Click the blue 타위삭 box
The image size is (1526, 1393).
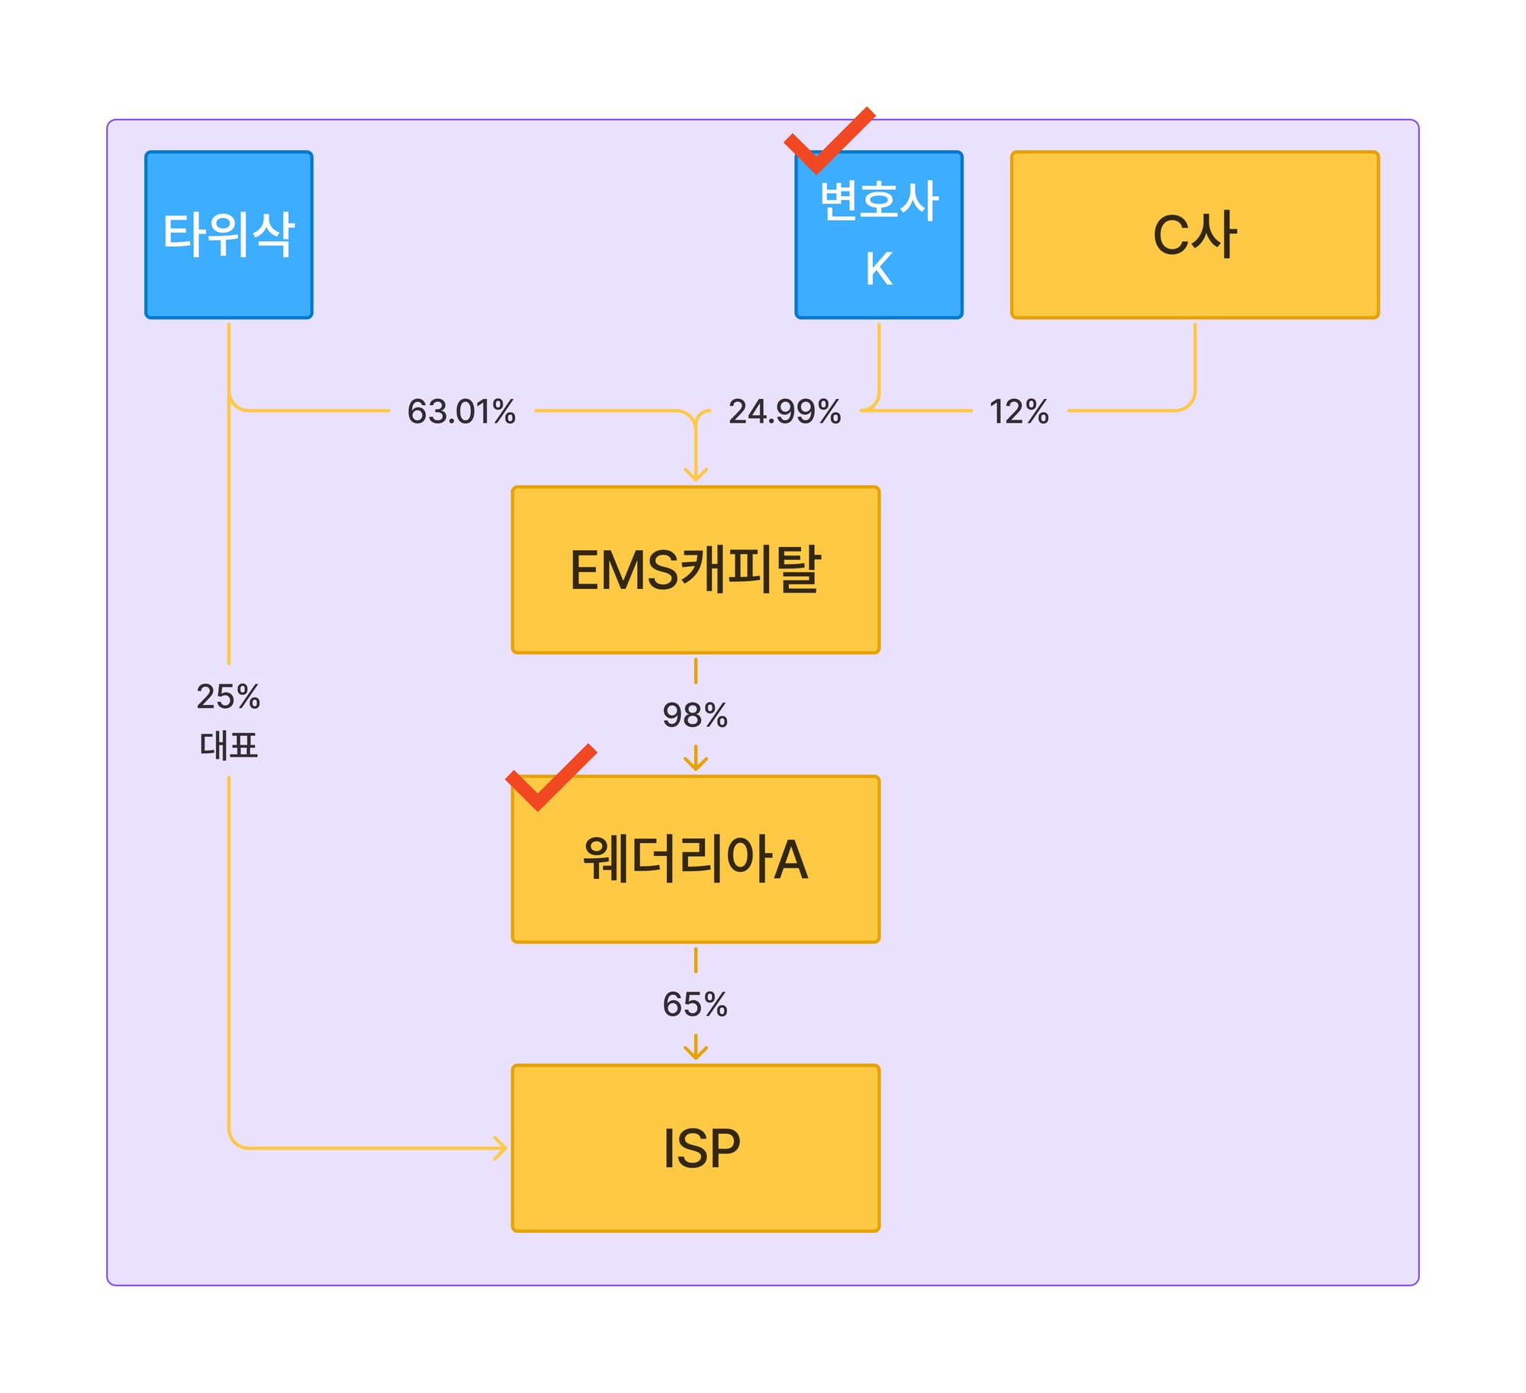coord(228,234)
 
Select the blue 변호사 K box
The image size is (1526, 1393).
coord(878,234)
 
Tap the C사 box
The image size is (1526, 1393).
coord(1194,234)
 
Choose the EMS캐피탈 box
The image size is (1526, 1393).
coord(695,570)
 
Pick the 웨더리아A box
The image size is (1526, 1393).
coord(695,859)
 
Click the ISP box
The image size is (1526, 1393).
coord(695,1147)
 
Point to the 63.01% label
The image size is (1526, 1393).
coord(462,411)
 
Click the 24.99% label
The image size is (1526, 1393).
coord(784,411)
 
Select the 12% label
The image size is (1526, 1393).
coord(1019,411)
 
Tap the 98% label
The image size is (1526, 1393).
coord(695,715)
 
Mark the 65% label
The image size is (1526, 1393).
coord(695,1004)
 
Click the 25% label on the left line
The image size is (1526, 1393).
coord(228,696)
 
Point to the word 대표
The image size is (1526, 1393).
coord(228,745)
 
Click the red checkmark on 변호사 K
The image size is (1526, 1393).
coord(829,142)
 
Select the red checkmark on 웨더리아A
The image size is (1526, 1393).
coord(550,778)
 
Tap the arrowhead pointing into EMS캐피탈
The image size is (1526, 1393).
coord(695,474)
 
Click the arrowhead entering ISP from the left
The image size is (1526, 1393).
coord(500,1147)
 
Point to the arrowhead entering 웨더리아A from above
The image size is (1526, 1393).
coord(695,763)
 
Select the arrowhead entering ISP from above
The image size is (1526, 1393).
coord(695,1052)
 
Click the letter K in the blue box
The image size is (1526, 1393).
coord(878,269)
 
